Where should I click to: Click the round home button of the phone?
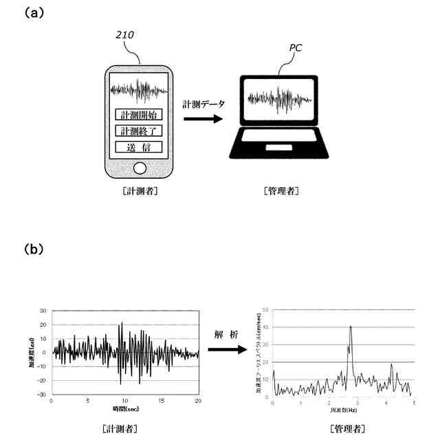[140, 167]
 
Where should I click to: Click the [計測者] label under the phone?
[140, 191]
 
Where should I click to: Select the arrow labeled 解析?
[226, 349]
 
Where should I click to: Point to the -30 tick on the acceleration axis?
[43, 395]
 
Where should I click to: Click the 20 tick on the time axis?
[198, 400]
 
